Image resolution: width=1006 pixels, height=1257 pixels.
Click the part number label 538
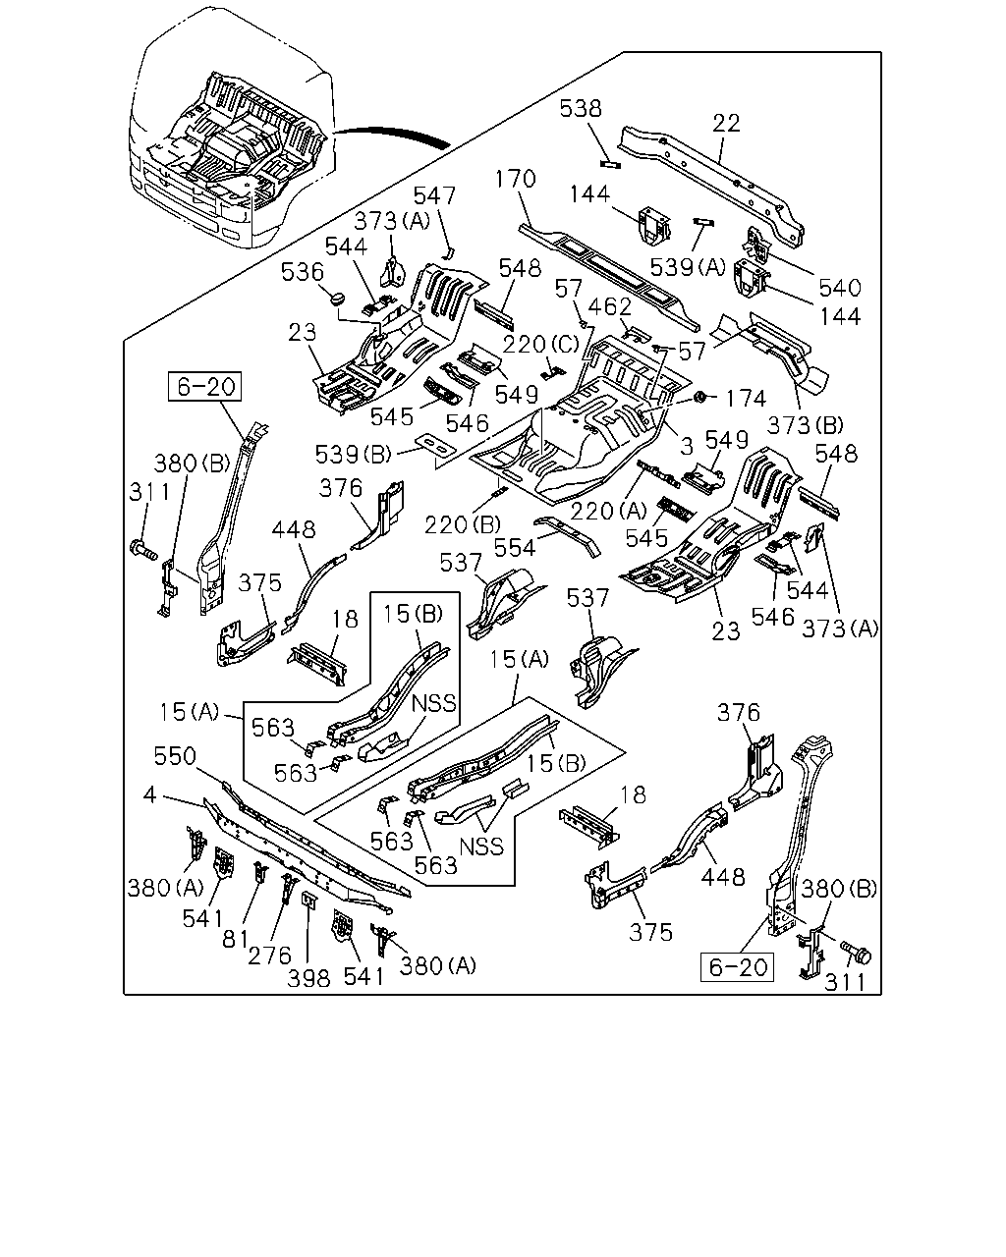point(581,109)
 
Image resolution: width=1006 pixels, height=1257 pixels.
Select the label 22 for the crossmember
point(727,124)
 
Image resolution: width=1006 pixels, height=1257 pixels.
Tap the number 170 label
point(515,179)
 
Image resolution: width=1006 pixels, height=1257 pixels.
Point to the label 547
point(434,195)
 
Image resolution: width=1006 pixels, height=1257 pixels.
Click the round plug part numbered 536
point(337,299)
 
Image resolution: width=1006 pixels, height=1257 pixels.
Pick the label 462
point(610,307)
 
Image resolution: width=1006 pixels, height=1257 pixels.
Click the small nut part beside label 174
point(699,397)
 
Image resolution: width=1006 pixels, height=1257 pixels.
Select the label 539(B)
point(353,455)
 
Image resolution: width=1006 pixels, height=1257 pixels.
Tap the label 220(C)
point(540,345)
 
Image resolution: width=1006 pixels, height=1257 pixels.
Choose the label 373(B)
point(805,425)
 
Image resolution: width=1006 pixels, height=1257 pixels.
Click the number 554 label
point(515,548)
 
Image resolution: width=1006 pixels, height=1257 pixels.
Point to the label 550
point(175,756)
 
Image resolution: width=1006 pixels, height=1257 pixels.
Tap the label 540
point(840,288)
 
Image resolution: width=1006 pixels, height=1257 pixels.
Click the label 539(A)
point(688,267)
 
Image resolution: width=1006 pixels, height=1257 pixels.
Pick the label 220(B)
point(463,525)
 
